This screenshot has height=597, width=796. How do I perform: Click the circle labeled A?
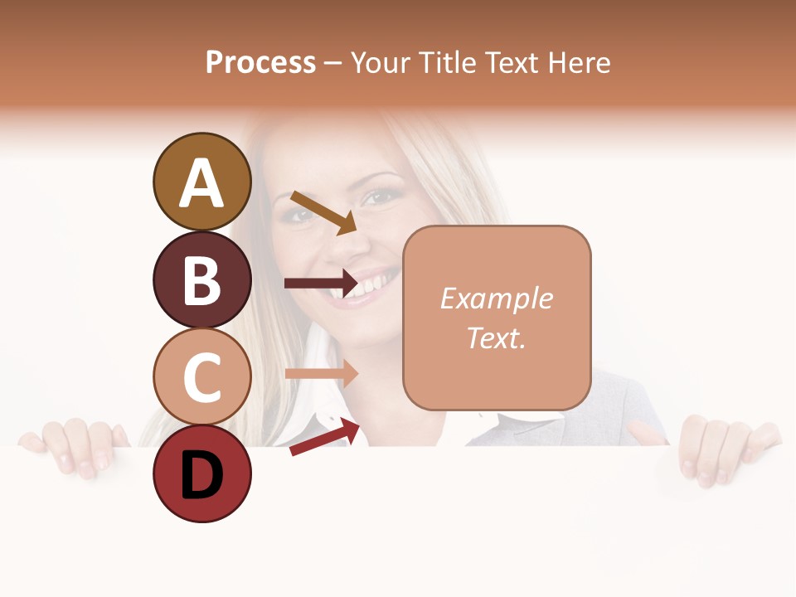pyautogui.click(x=201, y=182)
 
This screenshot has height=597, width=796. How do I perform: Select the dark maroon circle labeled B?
pyautogui.click(x=201, y=279)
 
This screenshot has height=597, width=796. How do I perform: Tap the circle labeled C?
pyautogui.click(x=201, y=376)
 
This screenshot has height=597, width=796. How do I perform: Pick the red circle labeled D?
pyautogui.click(x=201, y=473)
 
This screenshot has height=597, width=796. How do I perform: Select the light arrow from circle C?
pyautogui.click(x=322, y=373)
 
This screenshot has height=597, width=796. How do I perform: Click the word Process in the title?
pyautogui.click(x=260, y=62)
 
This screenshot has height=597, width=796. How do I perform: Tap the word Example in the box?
pyautogui.click(x=497, y=298)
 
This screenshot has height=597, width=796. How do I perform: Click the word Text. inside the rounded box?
pyautogui.click(x=497, y=337)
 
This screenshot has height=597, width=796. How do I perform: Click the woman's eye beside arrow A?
pyautogui.click(x=381, y=197)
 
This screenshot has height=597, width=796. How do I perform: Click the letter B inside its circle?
pyautogui.click(x=201, y=279)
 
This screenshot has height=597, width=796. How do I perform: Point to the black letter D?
pyautogui.click(x=201, y=475)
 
